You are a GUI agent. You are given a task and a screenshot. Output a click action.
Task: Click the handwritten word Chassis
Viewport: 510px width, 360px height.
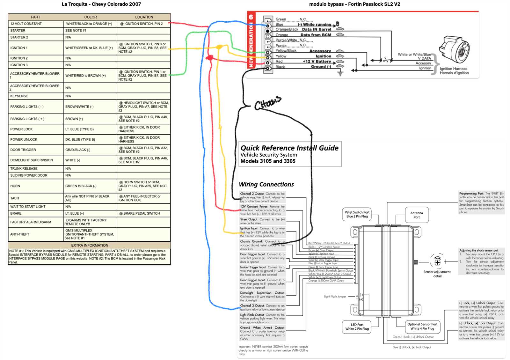click(268, 103)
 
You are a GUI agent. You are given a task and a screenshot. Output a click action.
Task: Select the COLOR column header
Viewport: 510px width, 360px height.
click(91, 17)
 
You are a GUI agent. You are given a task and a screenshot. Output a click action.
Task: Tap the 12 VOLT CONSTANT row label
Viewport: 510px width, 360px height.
click(26, 24)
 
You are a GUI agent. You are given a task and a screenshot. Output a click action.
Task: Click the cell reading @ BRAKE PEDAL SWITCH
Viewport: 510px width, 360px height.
click(140, 213)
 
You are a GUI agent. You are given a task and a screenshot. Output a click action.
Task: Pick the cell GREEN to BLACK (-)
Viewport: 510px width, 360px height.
click(81, 186)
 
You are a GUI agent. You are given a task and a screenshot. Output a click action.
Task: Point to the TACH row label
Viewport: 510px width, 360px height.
click(15, 198)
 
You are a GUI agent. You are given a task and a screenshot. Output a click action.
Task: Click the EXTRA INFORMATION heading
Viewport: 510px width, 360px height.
click(90, 245)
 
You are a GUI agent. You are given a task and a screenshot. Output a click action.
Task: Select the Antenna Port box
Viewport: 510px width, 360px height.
click(417, 215)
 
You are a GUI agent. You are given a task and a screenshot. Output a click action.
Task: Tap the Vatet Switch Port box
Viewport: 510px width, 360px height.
click(357, 214)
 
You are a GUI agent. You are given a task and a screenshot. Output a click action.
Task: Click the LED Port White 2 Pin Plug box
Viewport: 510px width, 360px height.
click(357, 327)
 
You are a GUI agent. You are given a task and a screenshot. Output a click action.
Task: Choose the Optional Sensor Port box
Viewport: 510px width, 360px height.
click(422, 326)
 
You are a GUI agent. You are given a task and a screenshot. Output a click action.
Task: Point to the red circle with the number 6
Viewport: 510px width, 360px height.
click(251, 17)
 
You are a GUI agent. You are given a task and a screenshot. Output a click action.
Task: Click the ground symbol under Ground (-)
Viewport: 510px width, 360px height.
click(340, 73)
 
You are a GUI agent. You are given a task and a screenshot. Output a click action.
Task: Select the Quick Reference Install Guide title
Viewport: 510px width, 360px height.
click(289, 148)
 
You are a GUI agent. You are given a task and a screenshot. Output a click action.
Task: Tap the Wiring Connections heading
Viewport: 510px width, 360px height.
click(266, 184)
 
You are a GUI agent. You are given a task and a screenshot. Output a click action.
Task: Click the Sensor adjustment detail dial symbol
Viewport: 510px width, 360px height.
click(437, 262)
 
